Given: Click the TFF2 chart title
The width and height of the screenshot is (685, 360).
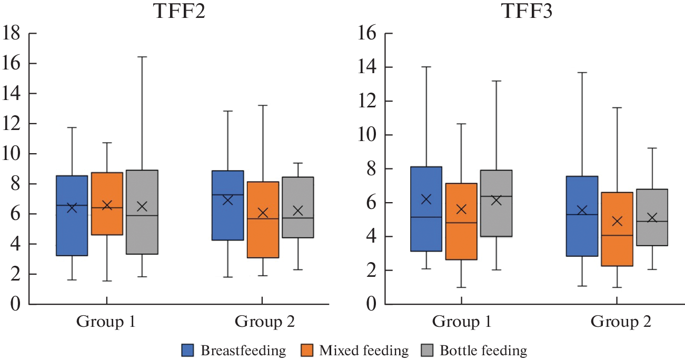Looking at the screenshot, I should (178, 12).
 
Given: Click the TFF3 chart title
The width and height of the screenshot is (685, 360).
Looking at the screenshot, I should (527, 12).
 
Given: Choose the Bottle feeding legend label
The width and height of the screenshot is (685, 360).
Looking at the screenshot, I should (483, 350).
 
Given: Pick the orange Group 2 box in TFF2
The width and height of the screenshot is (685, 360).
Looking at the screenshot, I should (263, 232).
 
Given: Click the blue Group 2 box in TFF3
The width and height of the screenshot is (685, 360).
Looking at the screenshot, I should (582, 232).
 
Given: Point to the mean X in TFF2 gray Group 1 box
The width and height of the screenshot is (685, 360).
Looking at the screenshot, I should (142, 206).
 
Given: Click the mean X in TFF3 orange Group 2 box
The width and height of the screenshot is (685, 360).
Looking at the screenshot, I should (617, 221).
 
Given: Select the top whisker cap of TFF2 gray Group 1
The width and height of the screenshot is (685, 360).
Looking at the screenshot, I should (142, 56).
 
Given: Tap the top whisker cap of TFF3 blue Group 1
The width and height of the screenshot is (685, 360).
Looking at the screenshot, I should (426, 67).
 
